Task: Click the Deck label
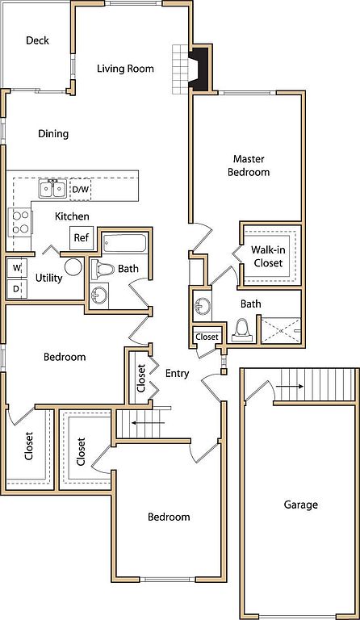click(38, 40)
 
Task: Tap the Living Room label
click(125, 69)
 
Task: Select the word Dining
click(53, 134)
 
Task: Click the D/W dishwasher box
click(80, 189)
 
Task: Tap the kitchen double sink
click(52, 189)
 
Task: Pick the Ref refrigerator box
click(82, 238)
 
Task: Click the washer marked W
click(17, 268)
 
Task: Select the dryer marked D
click(17, 288)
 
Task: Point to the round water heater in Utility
click(73, 267)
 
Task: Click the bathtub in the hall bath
click(124, 244)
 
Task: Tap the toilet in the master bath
click(242, 330)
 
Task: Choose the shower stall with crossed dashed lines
click(281, 329)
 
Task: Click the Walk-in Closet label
click(268, 256)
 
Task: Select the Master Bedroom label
click(249, 165)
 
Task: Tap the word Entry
click(177, 373)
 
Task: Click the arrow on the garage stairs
click(290, 387)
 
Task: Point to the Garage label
click(301, 505)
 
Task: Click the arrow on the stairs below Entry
click(148, 423)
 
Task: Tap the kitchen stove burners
click(20, 222)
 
